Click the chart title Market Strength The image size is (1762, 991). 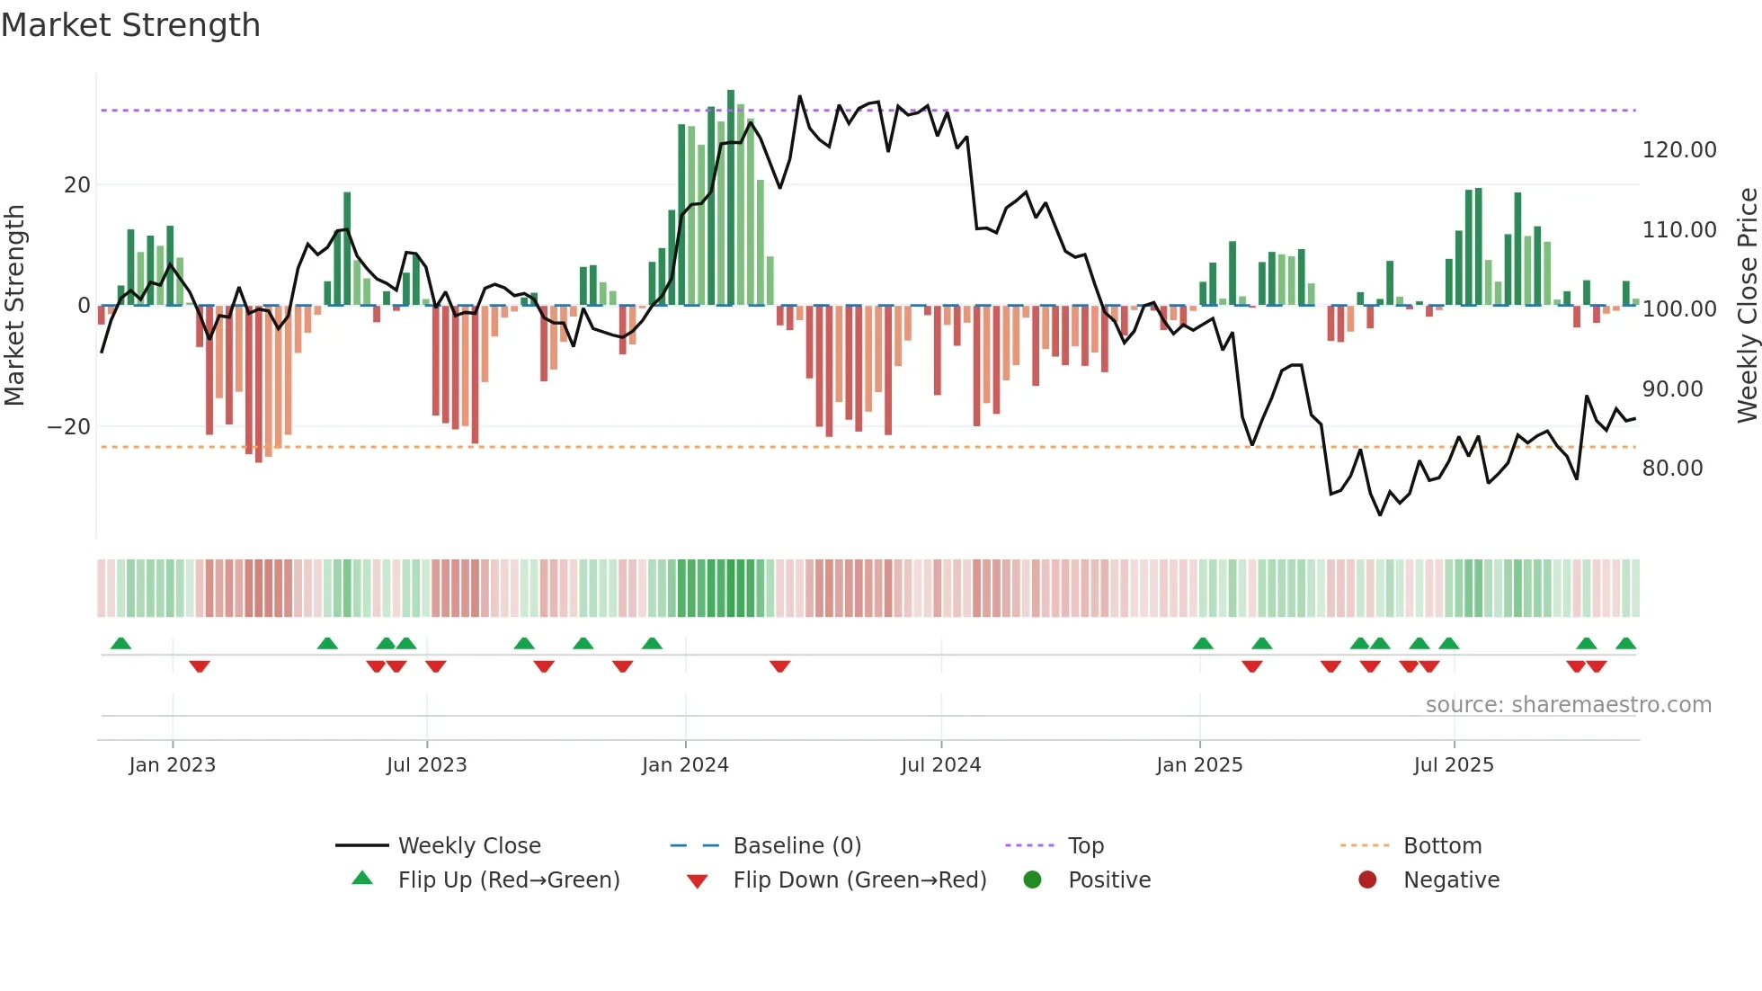130,25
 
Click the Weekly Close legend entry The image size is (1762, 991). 468,845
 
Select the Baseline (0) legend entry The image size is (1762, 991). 796,845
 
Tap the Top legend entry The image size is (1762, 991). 1085,845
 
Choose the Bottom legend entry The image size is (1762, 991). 1442,845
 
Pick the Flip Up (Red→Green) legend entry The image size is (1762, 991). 508,879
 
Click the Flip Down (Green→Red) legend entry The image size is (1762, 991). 859,879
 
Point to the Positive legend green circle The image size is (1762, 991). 1032,879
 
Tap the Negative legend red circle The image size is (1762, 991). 1367,879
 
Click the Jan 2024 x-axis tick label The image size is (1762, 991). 685,764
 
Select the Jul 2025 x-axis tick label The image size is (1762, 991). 1453,764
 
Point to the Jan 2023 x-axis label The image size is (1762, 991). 172,764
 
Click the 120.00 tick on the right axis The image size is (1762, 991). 1678,150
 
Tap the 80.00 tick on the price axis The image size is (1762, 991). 1672,468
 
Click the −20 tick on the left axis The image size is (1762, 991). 69,426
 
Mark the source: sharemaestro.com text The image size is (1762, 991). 1568,705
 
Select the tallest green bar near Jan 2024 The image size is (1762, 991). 731,198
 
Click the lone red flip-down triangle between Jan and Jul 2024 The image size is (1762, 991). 779,666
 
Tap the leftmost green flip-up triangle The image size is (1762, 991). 120,643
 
